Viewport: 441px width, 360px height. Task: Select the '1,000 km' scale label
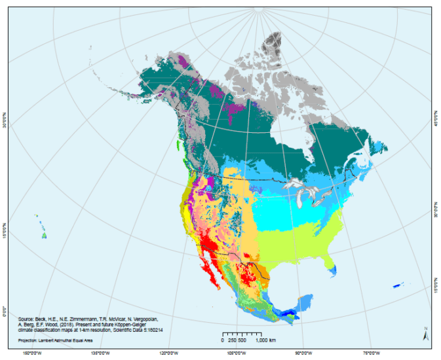tap(265, 341)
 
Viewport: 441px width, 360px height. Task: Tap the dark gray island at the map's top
tap(271, 44)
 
